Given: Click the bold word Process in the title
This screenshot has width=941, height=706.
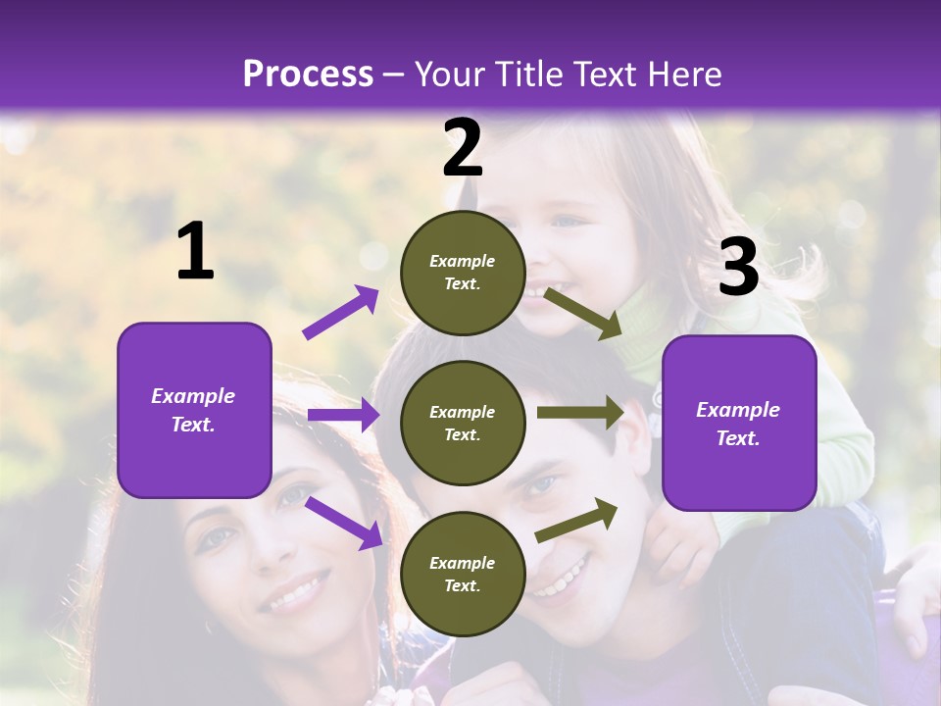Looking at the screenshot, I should point(308,75).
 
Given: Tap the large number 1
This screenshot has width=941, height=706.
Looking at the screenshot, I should point(195,252).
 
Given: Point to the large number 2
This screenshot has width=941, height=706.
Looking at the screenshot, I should point(463,148).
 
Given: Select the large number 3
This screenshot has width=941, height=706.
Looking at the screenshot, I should point(738,267).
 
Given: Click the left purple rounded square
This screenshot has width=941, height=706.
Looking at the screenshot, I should point(194,410).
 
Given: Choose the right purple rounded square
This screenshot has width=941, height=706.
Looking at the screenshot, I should point(739,424).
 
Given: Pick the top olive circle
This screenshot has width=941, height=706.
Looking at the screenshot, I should point(463,273).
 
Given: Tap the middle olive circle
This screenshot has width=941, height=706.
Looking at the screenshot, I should point(463,423).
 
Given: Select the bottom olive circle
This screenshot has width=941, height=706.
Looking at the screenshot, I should point(463,574).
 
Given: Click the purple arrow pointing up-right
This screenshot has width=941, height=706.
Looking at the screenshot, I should point(341,313).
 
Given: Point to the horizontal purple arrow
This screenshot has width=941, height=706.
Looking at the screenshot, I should point(343,415).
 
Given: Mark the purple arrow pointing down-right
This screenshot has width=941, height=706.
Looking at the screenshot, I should point(344,523).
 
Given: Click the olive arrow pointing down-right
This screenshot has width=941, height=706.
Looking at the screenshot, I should point(582,313).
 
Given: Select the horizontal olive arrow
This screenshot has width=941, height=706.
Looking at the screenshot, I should point(580,413).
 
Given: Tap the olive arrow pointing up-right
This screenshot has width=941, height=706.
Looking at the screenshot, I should point(577,520).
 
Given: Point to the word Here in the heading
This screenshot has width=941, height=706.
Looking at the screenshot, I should point(685,75).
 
